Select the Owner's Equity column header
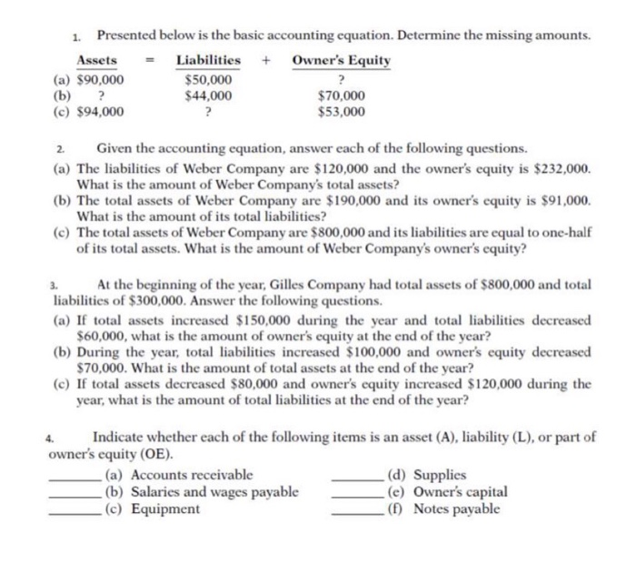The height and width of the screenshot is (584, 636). (x=342, y=60)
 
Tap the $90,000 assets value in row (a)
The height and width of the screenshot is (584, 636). (x=98, y=79)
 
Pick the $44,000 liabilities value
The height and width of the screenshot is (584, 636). (x=208, y=95)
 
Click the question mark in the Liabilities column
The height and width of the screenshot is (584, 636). (x=208, y=112)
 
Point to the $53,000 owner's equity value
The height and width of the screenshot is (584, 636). (x=342, y=112)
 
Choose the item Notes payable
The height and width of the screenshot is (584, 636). (x=456, y=508)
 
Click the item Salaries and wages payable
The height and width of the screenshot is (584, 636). (x=202, y=492)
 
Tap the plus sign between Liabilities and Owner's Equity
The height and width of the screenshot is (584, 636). (x=266, y=61)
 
